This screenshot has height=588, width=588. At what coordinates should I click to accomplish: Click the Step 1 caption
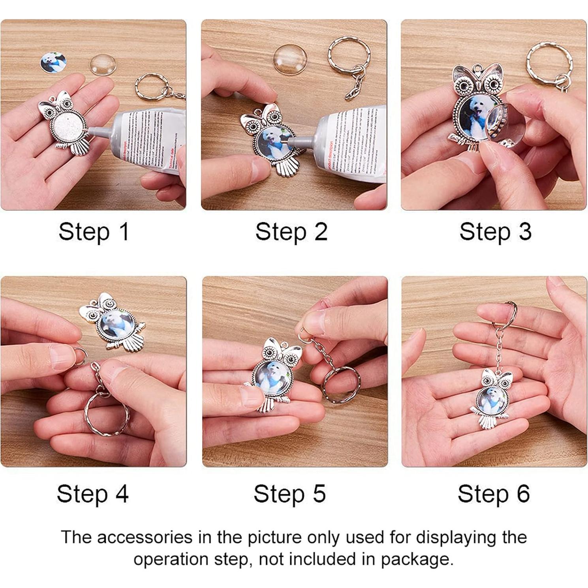click(x=94, y=231)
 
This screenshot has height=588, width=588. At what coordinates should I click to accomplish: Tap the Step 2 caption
click(x=291, y=231)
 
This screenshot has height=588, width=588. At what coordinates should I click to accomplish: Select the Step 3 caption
click(x=495, y=231)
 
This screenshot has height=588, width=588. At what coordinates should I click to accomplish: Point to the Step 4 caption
click(x=92, y=494)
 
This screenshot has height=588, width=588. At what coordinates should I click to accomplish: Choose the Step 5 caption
click(x=289, y=494)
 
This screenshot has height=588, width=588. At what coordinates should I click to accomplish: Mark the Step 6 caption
click(x=494, y=494)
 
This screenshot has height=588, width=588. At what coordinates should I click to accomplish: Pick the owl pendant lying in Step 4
click(x=115, y=323)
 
